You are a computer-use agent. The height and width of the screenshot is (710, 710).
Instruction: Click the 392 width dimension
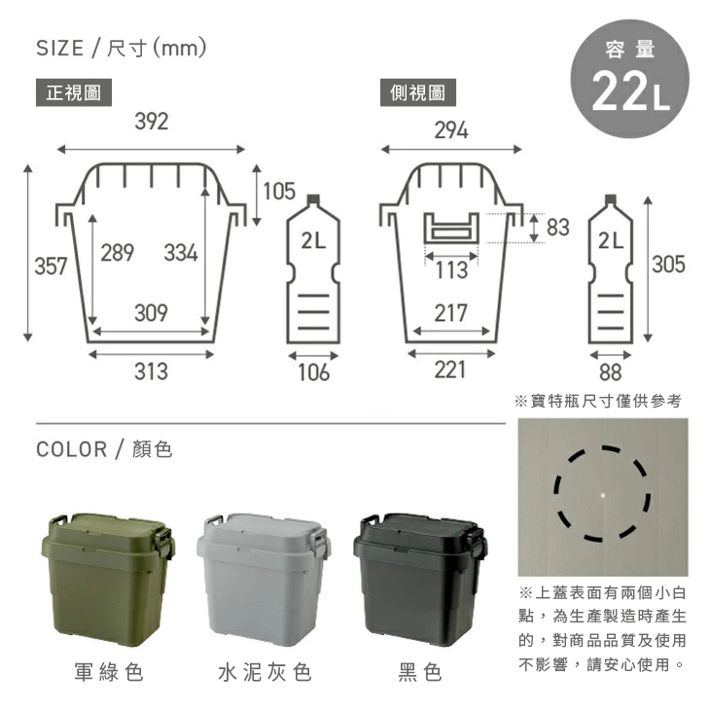coord(152,122)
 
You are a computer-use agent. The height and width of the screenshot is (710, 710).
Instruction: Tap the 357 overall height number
coord(52,266)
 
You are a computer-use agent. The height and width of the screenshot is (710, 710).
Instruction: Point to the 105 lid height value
coord(279,191)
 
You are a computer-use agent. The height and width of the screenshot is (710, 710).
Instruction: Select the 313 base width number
coord(151,372)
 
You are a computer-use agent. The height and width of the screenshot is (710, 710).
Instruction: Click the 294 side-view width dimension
coord(451,130)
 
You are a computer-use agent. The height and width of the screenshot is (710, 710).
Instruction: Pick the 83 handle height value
coord(558,227)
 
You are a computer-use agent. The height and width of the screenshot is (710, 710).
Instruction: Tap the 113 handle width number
coord(451,270)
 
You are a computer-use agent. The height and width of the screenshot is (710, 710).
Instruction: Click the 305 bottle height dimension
coord(669,264)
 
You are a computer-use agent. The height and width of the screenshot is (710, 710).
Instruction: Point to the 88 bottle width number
coord(611,373)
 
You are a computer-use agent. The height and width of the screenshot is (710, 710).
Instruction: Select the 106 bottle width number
coord(313,373)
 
